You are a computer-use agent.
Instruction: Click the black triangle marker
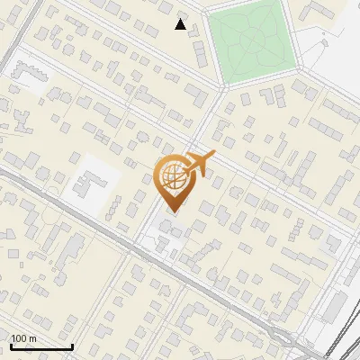click(x=181, y=24)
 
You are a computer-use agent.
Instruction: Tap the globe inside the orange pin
click(x=174, y=178)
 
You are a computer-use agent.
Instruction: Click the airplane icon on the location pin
click(x=200, y=163)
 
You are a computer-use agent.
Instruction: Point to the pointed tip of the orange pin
click(x=174, y=211)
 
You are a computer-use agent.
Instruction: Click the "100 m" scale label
click(x=24, y=338)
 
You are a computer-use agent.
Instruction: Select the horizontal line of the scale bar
click(x=41, y=346)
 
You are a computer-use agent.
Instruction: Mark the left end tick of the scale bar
click(x=11, y=345)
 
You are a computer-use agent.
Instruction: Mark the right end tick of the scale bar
click(x=72, y=345)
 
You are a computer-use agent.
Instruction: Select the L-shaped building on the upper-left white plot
click(x=28, y=81)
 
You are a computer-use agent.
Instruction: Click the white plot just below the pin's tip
click(x=167, y=229)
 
